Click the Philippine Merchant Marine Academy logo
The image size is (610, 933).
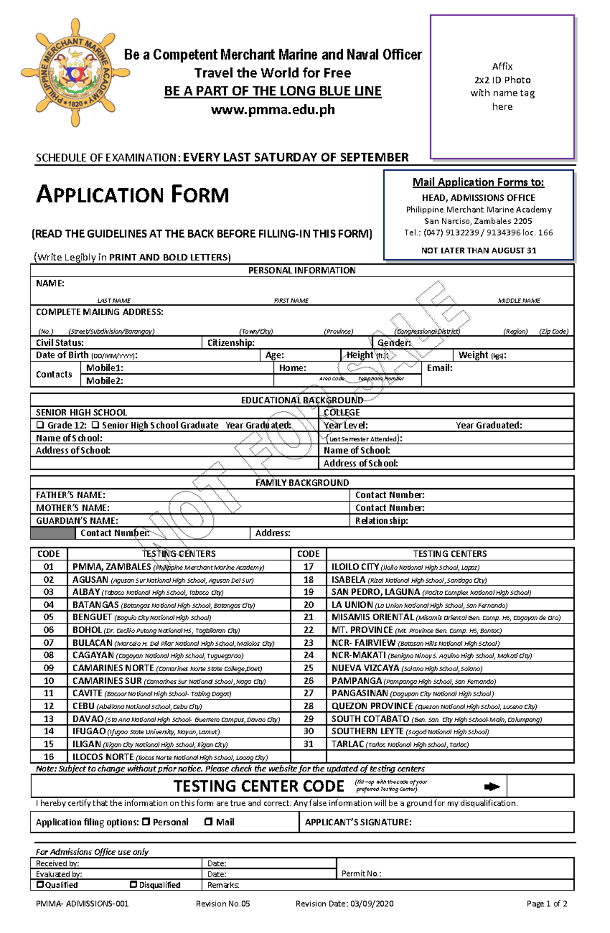point(75,72)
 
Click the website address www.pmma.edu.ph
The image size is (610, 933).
point(272,109)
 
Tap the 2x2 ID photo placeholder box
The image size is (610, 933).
point(502,86)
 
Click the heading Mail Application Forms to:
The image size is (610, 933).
point(478,182)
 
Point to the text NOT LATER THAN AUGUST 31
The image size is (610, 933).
point(478,250)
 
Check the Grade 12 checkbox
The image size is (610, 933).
point(40,425)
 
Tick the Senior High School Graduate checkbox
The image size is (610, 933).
point(95,425)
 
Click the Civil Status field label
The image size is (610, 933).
point(59,343)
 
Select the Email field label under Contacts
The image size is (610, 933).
point(439,368)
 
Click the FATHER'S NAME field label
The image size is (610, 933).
point(70,495)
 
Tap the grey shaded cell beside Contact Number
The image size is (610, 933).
point(52,533)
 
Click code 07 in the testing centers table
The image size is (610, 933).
point(48,643)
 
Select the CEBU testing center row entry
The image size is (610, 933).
point(137,706)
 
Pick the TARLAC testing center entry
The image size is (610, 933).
point(400,744)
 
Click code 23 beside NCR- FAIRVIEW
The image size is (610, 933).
point(309,643)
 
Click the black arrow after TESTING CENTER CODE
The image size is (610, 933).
point(492,787)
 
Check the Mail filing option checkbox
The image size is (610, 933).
point(208,821)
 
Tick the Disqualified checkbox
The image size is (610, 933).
point(134,884)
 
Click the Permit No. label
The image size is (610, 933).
point(361,874)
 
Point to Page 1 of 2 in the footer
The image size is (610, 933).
point(547,904)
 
